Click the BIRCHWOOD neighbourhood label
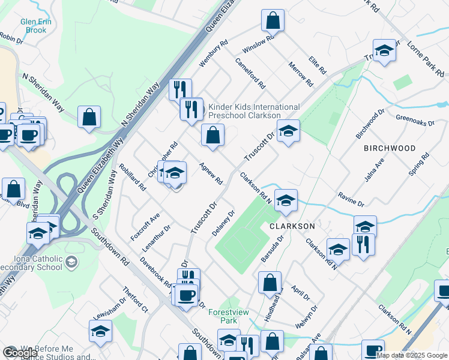click(x=390, y=148)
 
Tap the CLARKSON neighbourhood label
click(x=292, y=226)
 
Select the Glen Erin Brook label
click(x=37, y=26)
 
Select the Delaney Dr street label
click(x=222, y=223)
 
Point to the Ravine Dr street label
click(x=351, y=199)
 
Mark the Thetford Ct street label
click(x=135, y=299)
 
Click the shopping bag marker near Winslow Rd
click(x=273, y=20)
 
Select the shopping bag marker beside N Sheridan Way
click(x=89, y=118)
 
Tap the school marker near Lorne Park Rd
click(x=384, y=51)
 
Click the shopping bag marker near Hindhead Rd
click(x=270, y=283)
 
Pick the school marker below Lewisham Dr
click(x=100, y=331)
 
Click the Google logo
click(x=19, y=353)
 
